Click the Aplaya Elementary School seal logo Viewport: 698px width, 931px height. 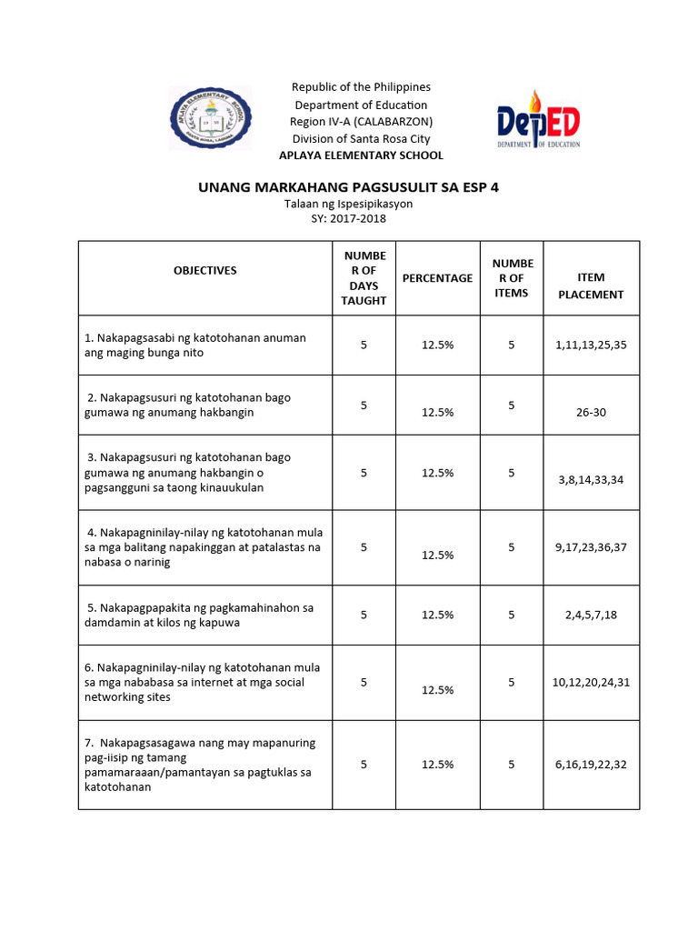(x=211, y=120)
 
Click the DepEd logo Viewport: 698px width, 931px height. (x=538, y=120)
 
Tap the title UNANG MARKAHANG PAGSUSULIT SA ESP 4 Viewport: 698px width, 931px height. (x=349, y=187)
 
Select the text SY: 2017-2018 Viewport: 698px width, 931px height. (x=349, y=218)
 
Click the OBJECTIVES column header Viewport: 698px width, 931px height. (x=205, y=270)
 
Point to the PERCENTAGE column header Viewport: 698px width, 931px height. (x=437, y=278)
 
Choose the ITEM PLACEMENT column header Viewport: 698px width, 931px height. (x=591, y=285)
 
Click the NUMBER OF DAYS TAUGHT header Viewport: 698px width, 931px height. (x=364, y=278)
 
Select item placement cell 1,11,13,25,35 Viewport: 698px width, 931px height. (x=591, y=345)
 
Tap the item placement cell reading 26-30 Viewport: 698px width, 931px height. (x=591, y=412)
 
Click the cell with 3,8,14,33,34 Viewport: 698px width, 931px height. (x=591, y=479)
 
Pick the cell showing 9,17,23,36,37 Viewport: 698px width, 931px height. (x=591, y=546)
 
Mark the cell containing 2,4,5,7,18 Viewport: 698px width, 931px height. (x=591, y=615)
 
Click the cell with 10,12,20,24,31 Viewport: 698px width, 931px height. (x=591, y=682)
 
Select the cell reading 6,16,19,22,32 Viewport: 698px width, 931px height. (x=591, y=765)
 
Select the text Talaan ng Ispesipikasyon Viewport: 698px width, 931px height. (x=349, y=204)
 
